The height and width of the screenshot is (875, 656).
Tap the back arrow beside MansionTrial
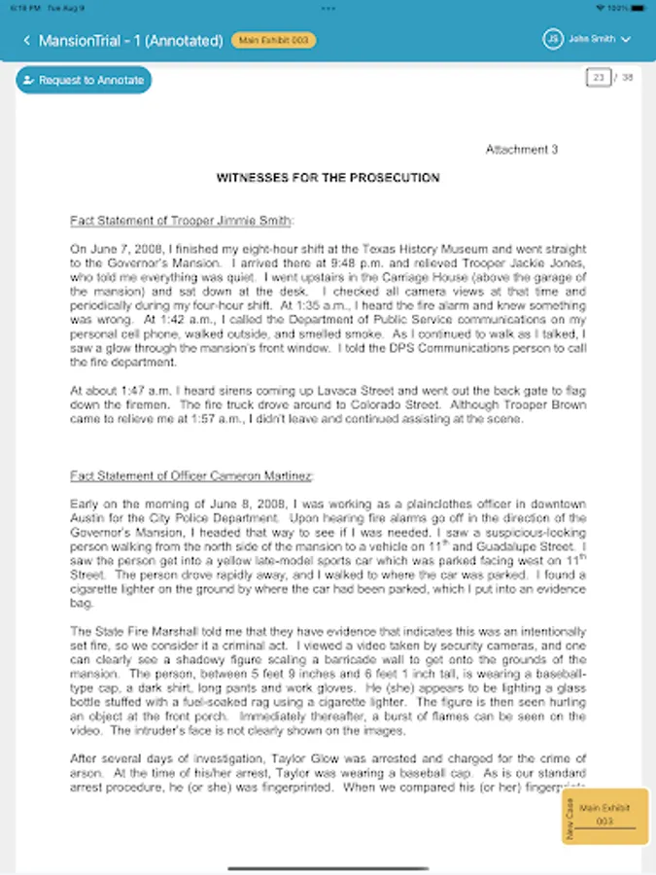26,40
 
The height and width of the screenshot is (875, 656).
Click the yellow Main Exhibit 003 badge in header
273,40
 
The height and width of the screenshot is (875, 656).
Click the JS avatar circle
553,40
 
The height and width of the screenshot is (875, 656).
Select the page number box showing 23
598,77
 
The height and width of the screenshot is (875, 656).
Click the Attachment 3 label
522,150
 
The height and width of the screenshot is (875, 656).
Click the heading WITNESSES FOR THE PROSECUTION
328,178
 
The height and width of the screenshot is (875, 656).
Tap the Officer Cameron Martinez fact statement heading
192,476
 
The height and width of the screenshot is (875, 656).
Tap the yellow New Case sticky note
604,815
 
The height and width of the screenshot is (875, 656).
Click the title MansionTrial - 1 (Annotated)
131,40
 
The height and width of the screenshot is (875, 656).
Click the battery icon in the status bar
637,7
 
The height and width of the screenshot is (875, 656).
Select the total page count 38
627,77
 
